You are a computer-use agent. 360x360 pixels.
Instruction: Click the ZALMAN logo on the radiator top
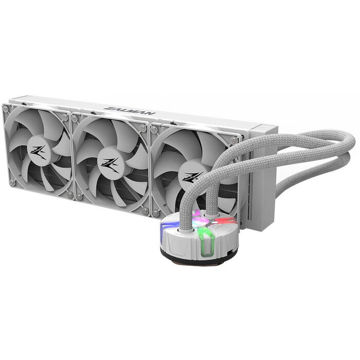[130, 111]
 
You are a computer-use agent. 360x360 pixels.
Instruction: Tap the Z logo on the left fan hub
[39, 152]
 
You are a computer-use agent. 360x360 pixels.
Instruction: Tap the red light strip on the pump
[224, 221]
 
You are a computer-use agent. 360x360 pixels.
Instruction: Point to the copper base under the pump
[200, 262]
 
